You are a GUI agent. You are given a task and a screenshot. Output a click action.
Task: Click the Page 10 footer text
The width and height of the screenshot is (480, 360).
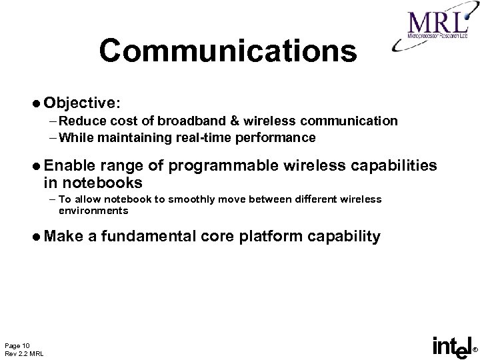[x=17, y=344]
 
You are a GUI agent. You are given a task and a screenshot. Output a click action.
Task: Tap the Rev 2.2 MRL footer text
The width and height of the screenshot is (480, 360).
[x=25, y=353]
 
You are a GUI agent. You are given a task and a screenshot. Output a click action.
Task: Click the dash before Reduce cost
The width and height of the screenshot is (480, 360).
[x=52, y=121]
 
